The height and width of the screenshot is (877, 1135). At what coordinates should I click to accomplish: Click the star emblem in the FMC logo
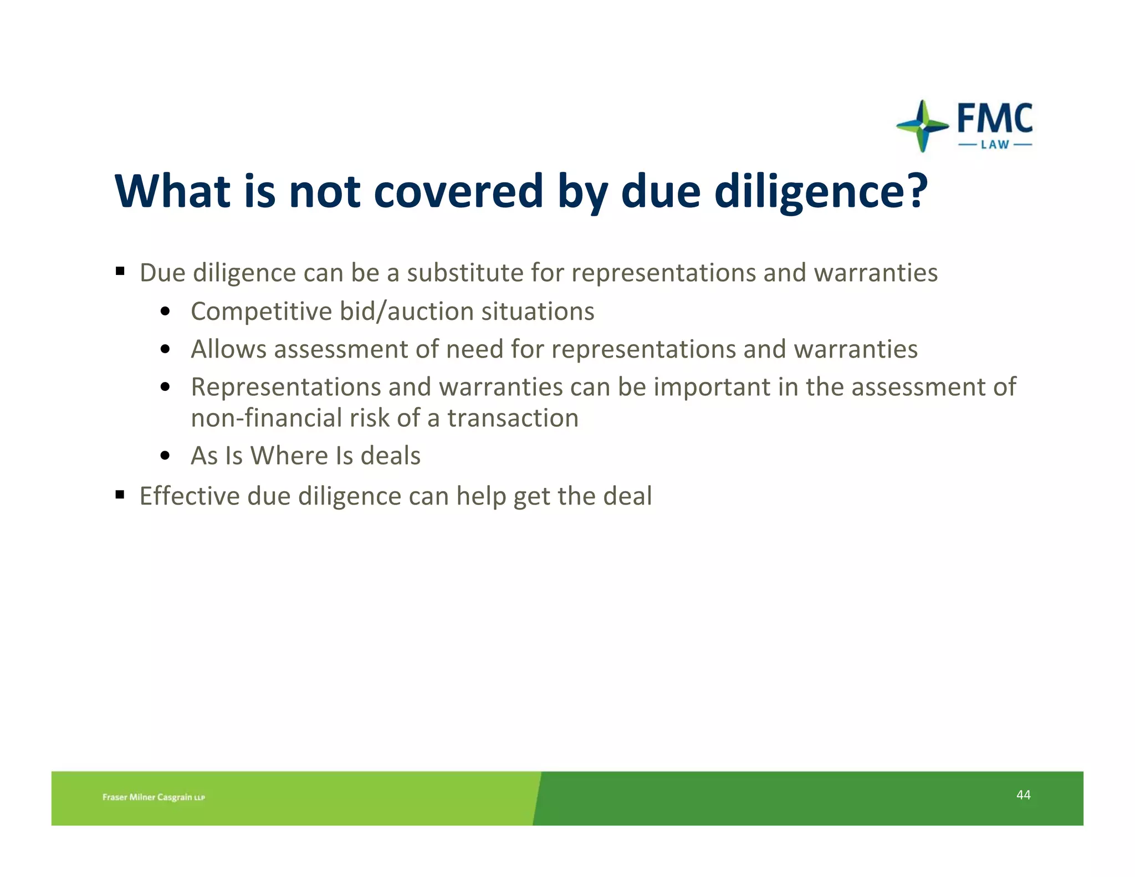[x=922, y=126]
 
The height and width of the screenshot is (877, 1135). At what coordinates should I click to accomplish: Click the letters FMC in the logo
[x=995, y=118]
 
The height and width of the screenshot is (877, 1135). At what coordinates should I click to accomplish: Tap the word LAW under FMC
[x=995, y=145]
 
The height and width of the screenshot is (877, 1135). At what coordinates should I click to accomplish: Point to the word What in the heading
[x=172, y=191]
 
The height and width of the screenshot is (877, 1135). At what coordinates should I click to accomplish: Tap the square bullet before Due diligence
[x=120, y=272]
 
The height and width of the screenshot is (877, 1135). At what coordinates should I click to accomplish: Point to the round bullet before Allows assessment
[x=165, y=350]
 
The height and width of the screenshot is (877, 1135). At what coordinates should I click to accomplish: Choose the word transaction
[x=513, y=418]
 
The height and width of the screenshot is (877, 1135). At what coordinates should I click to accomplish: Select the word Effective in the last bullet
[x=190, y=496]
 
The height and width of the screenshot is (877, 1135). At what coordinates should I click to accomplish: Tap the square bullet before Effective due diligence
[x=120, y=494]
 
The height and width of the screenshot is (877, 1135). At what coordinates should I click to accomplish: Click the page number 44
[x=1023, y=795]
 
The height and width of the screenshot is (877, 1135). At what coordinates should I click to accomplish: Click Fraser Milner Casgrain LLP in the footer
[x=154, y=797]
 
